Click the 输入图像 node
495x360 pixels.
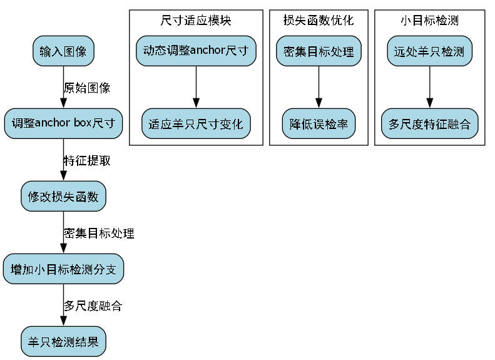pos(63,51)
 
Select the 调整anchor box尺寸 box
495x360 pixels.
pos(63,123)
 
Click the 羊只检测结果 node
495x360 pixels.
pos(63,342)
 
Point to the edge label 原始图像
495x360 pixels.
pos(87,88)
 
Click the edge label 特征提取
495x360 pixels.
pos(87,160)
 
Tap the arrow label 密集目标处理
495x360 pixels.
pos(99,234)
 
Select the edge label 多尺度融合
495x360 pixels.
pos(93,306)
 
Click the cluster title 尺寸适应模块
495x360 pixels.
pos(196,21)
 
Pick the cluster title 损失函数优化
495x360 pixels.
pos(319,21)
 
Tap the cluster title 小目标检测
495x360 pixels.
pos(429,21)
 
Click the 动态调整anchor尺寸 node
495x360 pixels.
pos(196,51)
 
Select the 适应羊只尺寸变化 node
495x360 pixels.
pos(196,123)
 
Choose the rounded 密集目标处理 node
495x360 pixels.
pos(319,51)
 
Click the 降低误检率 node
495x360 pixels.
pos(319,123)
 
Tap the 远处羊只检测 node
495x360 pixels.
pos(429,51)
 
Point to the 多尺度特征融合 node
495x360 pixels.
pos(429,123)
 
